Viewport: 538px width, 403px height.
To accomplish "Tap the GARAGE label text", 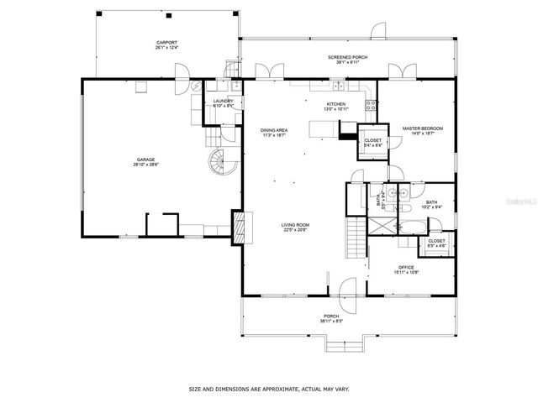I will tap(146, 160).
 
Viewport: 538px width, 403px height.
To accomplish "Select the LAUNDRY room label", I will tap(223, 102).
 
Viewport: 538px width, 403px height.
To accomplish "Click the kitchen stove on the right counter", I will tap(369, 105).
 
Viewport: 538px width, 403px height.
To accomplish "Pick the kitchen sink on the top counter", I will tap(338, 86).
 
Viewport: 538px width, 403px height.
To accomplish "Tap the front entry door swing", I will tap(344, 290).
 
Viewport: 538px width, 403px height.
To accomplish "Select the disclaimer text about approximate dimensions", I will tap(268, 390).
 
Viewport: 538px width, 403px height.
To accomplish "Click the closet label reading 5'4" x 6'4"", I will tap(372, 143).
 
